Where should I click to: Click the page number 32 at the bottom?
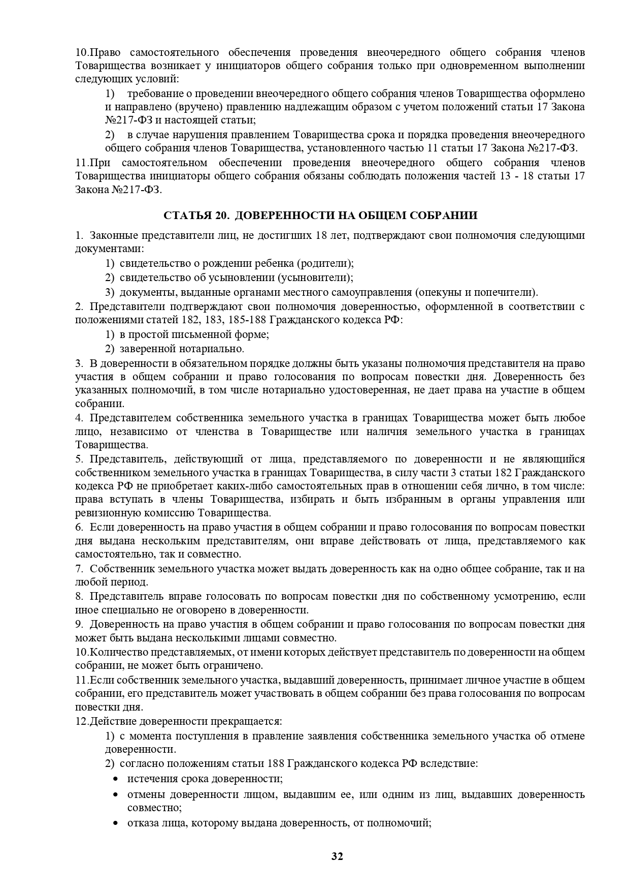pos(337,856)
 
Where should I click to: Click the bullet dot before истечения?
pos(116,779)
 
